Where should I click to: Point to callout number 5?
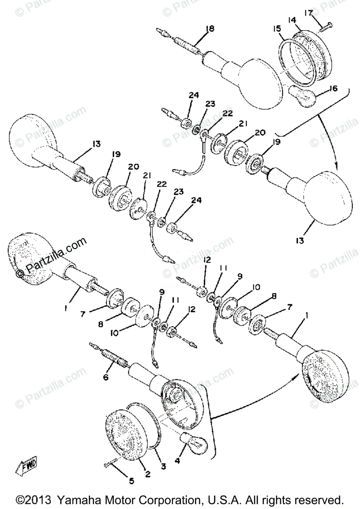(131, 481)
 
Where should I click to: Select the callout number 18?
(210, 29)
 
